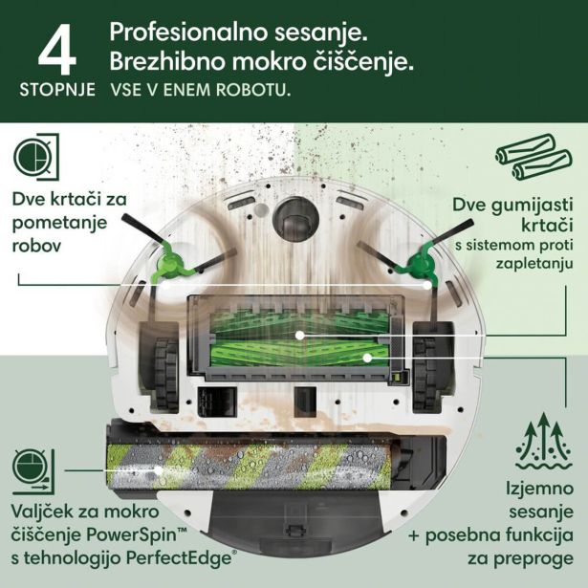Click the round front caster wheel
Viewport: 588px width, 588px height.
(x=294, y=216)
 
